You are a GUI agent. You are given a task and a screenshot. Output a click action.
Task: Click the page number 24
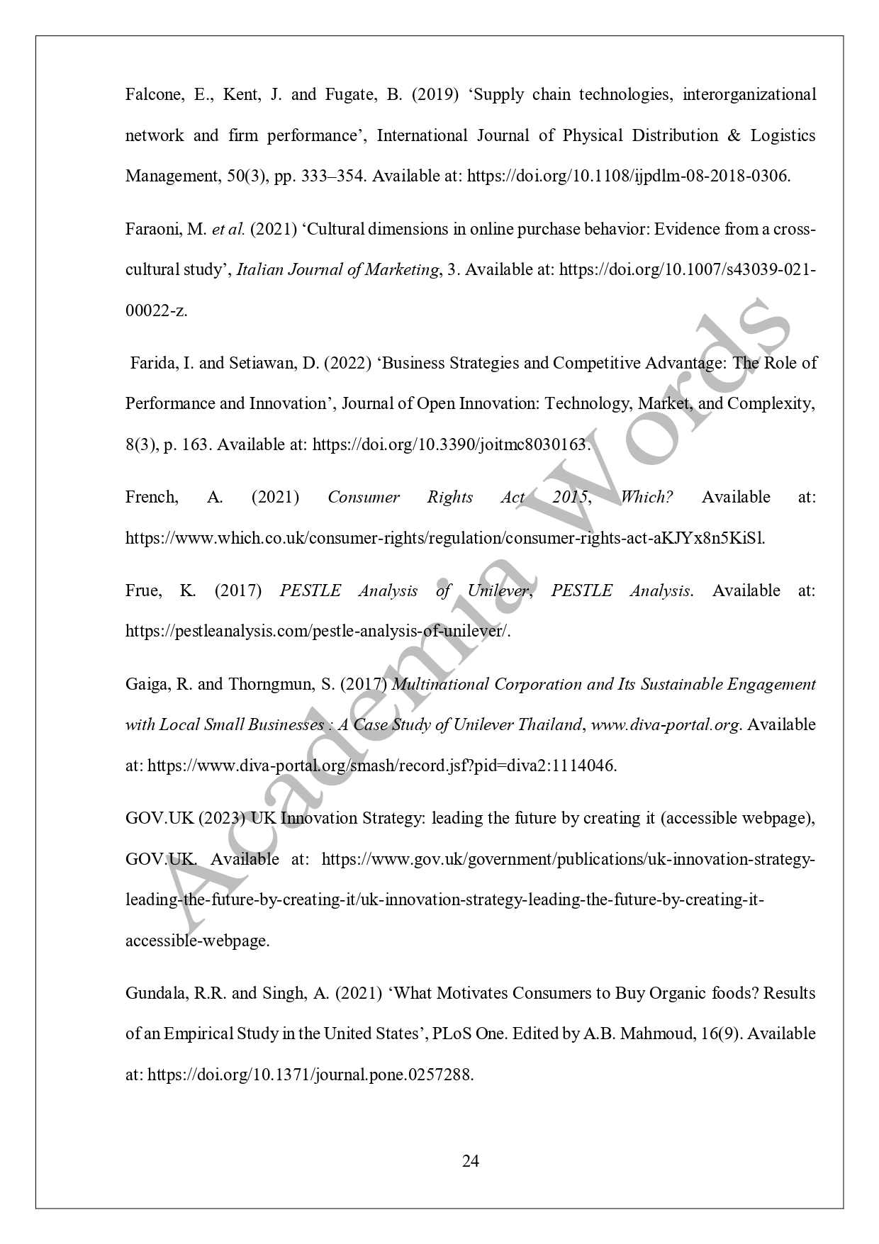coord(471,1161)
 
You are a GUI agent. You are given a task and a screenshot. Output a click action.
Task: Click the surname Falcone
coord(149,95)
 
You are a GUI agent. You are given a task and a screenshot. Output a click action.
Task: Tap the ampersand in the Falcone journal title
coord(734,135)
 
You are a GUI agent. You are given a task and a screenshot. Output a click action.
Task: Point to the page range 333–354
coord(336,176)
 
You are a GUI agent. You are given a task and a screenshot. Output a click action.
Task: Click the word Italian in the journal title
coord(259,269)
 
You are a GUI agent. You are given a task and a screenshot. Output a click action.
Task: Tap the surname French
coord(151,497)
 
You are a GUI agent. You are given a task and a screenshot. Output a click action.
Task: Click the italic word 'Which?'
coord(646,497)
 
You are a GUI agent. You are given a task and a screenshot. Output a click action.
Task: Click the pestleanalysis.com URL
coord(317,631)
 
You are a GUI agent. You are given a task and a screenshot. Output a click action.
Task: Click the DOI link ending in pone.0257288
coord(310,1074)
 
